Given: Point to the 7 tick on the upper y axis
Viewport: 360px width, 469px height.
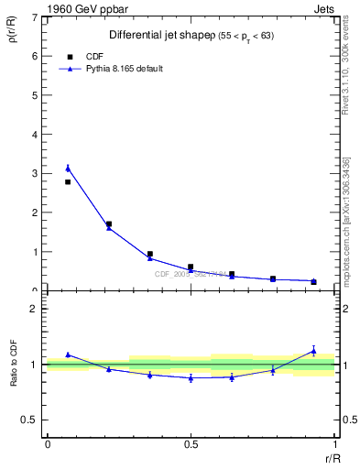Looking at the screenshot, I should coord(36,17).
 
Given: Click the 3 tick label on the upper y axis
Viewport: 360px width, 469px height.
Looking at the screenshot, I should coord(36,173).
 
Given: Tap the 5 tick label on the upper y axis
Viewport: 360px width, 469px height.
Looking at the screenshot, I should coord(36,95).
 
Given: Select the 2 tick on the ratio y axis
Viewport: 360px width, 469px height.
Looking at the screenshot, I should coord(36,309).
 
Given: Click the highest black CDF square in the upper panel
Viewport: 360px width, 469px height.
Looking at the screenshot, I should coord(68,182).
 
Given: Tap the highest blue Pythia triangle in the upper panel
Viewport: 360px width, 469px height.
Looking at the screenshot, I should coord(68,168).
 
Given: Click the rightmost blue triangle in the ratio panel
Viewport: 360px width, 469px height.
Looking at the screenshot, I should coord(313,350).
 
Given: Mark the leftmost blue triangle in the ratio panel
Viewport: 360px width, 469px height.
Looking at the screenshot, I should coord(68,354).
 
